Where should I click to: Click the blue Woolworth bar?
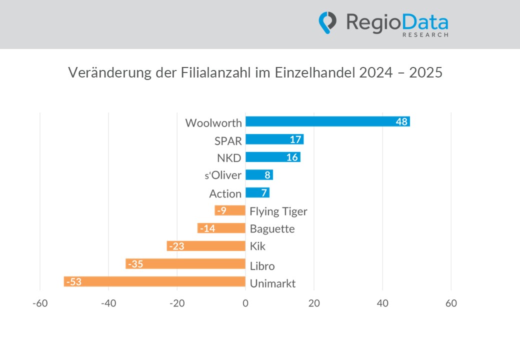327,121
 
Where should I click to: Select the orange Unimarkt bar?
155,282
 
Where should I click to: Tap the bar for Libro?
185,264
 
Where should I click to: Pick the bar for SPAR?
274,139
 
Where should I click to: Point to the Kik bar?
206,246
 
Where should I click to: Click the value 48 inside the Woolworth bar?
401,121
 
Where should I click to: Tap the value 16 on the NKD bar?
292,157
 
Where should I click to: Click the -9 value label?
221,210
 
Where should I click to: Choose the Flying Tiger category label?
278,211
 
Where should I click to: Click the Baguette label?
272,229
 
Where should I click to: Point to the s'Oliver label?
220,175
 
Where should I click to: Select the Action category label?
225,193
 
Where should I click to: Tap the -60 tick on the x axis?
39,303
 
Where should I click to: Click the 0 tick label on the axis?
245,303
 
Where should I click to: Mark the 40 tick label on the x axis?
382,303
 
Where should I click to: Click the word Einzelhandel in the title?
315,73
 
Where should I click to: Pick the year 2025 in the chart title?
426,73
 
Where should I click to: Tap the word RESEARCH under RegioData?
425,35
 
